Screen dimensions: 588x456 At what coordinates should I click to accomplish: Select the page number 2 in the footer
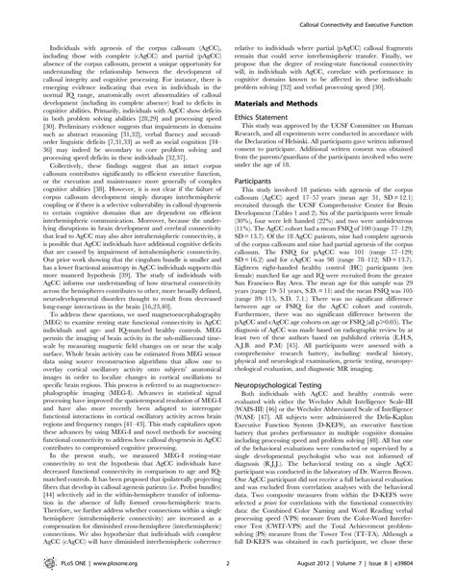pos(228,572)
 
